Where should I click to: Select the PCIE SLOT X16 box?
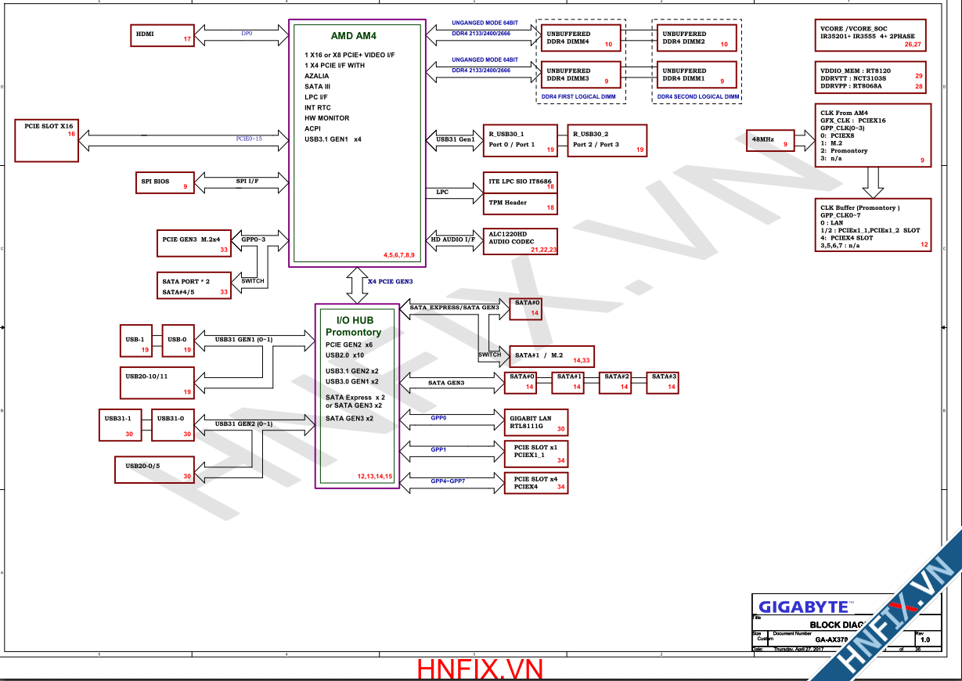click(46, 140)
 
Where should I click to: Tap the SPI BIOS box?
click(163, 182)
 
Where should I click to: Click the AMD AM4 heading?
click(353, 36)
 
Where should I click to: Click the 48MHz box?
click(770, 140)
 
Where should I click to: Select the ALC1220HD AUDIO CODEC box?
click(521, 241)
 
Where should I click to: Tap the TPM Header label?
click(508, 203)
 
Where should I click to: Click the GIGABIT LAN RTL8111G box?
click(535, 423)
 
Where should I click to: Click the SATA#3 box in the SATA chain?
click(664, 381)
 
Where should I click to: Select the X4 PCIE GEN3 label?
click(390, 281)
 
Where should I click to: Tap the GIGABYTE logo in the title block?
click(803, 607)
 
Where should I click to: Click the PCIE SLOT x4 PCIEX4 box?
click(535, 483)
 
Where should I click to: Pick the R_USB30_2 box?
click(607, 140)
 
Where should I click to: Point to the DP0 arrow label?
click(247, 34)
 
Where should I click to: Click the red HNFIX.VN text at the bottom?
click(480, 669)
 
